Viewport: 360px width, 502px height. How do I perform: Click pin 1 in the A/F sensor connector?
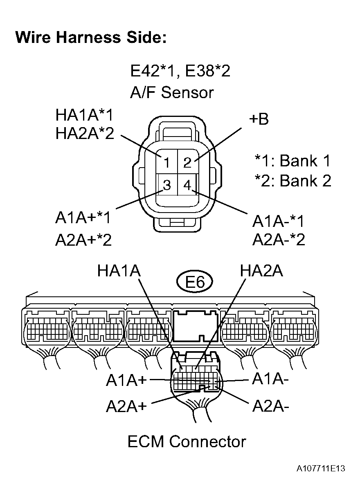(166, 163)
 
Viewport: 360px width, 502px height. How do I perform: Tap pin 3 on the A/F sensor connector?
(166, 185)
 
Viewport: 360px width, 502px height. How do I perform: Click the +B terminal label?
(258, 120)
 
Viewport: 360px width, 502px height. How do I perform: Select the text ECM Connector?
(187, 442)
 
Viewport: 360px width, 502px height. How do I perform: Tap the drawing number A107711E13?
(321, 468)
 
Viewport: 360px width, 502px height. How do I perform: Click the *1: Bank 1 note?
(292, 161)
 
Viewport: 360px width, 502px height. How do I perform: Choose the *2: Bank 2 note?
(292, 181)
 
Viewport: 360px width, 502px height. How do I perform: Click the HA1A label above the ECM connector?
(119, 271)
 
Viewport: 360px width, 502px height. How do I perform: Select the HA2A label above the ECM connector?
(261, 271)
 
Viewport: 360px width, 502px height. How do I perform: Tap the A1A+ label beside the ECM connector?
(126, 380)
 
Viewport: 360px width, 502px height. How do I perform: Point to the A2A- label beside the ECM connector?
(271, 406)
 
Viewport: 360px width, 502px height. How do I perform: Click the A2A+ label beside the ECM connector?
(126, 406)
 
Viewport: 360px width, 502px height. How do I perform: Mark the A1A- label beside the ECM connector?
(271, 379)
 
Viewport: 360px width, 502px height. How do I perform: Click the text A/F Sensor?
(172, 92)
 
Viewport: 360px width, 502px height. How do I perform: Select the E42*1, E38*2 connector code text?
(180, 72)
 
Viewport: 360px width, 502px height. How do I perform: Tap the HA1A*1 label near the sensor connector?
(84, 115)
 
